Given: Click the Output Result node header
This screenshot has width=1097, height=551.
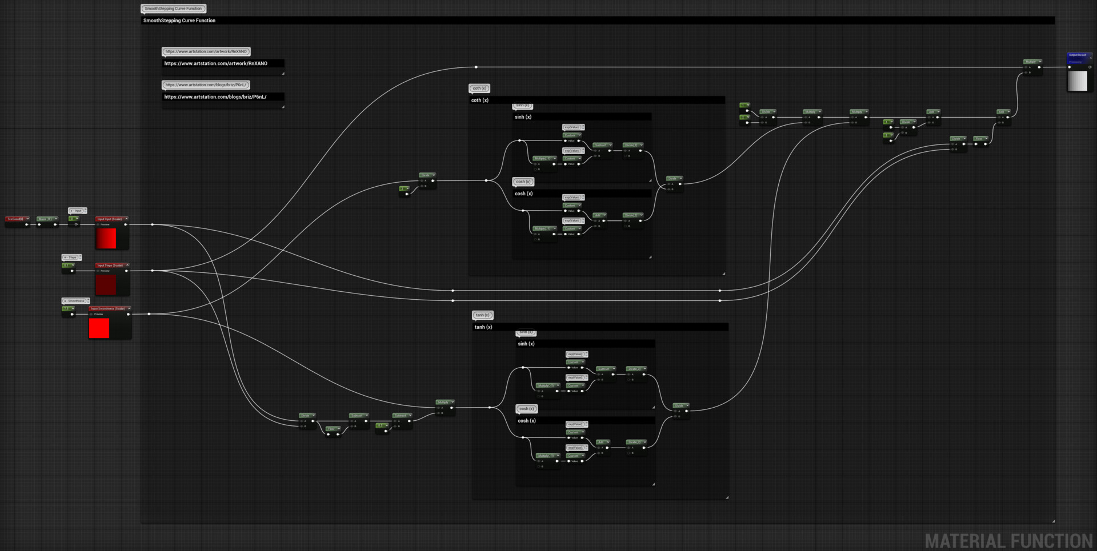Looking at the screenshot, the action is click(1079, 55).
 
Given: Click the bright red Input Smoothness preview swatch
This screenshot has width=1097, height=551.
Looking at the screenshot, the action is click(99, 328).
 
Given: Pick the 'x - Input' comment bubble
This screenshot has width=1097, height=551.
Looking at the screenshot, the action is click(77, 211).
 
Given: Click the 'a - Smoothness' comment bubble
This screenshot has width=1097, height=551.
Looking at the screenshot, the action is click(75, 301).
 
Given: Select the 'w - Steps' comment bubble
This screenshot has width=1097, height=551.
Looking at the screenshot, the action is click(71, 258).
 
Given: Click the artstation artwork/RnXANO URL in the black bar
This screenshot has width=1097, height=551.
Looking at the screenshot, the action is click(215, 63).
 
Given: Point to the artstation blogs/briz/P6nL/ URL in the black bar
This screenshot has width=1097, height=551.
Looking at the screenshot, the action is click(215, 97).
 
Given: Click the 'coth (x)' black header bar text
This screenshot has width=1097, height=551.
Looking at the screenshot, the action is click(479, 100).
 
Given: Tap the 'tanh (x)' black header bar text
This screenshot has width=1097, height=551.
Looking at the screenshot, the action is click(483, 327).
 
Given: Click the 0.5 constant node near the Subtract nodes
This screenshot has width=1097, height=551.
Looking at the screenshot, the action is click(381, 425).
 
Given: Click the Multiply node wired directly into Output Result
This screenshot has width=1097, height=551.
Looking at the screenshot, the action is click(1032, 62).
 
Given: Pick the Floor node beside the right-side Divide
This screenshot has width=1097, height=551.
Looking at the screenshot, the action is click(980, 139).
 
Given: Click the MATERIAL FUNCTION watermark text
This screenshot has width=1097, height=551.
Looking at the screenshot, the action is click(1008, 541).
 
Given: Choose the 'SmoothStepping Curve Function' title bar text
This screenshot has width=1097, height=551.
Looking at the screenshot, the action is click(179, 21).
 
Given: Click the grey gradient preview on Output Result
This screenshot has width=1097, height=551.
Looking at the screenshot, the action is click(1078, 81).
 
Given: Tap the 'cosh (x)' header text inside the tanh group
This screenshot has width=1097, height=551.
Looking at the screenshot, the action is click(526, 421).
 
